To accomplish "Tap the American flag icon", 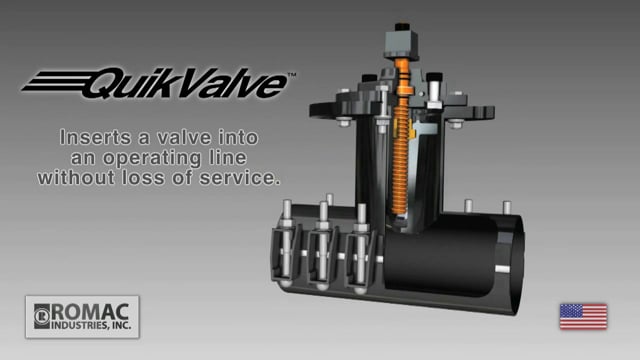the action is coord(583,316).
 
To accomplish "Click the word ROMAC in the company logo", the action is coord(90,313).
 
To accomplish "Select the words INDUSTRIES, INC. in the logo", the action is coord(91,326).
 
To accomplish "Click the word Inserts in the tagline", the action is coord(96,138).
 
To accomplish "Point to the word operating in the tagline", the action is coord(151,158).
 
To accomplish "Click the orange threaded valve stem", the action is coord(401,139).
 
